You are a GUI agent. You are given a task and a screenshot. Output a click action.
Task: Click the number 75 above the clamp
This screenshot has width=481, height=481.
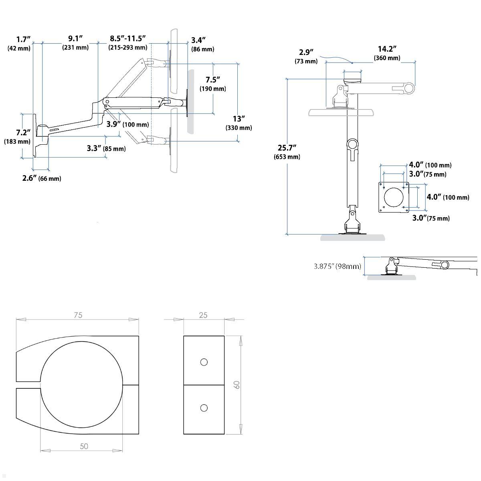coord(78,315)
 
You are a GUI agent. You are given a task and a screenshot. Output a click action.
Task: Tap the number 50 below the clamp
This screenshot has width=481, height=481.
coord(84,446)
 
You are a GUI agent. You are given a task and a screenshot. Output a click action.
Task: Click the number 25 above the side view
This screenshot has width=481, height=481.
coord(203,315)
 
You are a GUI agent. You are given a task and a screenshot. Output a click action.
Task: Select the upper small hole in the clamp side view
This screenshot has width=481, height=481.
coord(204,362)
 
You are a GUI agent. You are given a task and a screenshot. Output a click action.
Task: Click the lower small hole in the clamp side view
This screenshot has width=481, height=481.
coord(204,408)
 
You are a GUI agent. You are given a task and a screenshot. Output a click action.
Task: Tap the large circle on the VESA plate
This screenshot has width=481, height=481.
coord(394,197)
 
